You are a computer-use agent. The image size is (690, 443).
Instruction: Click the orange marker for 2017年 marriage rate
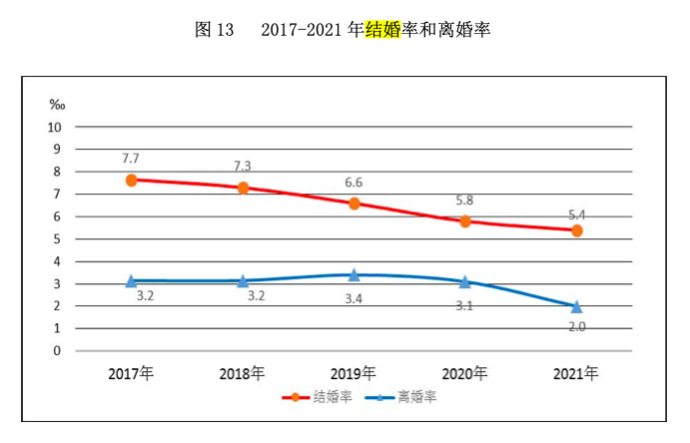click(x=132, y=180)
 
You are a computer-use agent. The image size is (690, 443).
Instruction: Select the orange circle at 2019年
click(x=353, y=204)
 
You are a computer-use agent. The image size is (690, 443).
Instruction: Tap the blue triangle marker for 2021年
click(x=576, y=306)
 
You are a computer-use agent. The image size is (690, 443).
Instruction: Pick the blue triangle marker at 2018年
click(x=243, y=281)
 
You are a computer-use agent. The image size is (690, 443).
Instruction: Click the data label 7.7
click(x=131, y=159)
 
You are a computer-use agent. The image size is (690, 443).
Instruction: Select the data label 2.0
click(x=576, y=326)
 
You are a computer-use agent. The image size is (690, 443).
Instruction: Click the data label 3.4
click(x=353, y=297)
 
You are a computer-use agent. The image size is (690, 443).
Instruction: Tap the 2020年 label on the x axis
click(x=465, y=374)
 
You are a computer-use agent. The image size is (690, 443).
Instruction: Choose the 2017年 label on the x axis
click(x=132, y=374)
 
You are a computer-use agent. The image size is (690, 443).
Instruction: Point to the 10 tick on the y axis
click(x=55, y=127)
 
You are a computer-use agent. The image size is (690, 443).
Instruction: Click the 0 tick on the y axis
click(x=58, y=350)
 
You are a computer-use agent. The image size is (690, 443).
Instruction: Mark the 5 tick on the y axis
click(x=58, y=238)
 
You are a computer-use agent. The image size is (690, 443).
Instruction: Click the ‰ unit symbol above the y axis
click(x=57, y=105)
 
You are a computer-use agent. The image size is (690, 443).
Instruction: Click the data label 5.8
click(x=464, y=200)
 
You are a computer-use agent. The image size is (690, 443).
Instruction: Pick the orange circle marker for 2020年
click(x=465, y=221)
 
